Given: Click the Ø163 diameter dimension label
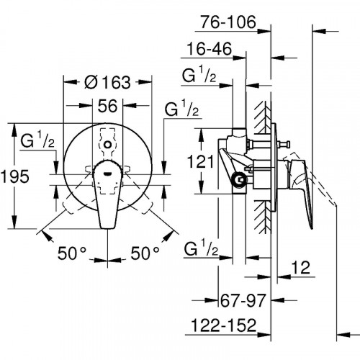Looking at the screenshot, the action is coord(108,82).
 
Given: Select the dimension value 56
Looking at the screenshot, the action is coord(107,106).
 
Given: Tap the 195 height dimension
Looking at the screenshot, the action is coord(15,176).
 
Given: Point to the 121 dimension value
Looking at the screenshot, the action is coord(200,161).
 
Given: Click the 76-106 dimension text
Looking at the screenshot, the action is coord(228,22).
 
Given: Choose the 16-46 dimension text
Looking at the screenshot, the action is coord(210,49).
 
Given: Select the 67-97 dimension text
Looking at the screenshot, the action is coord(243,300).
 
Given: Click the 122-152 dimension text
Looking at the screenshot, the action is coord(224,325).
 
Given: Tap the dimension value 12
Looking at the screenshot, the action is coord(301,267).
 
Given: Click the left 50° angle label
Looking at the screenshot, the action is coord(72,253).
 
